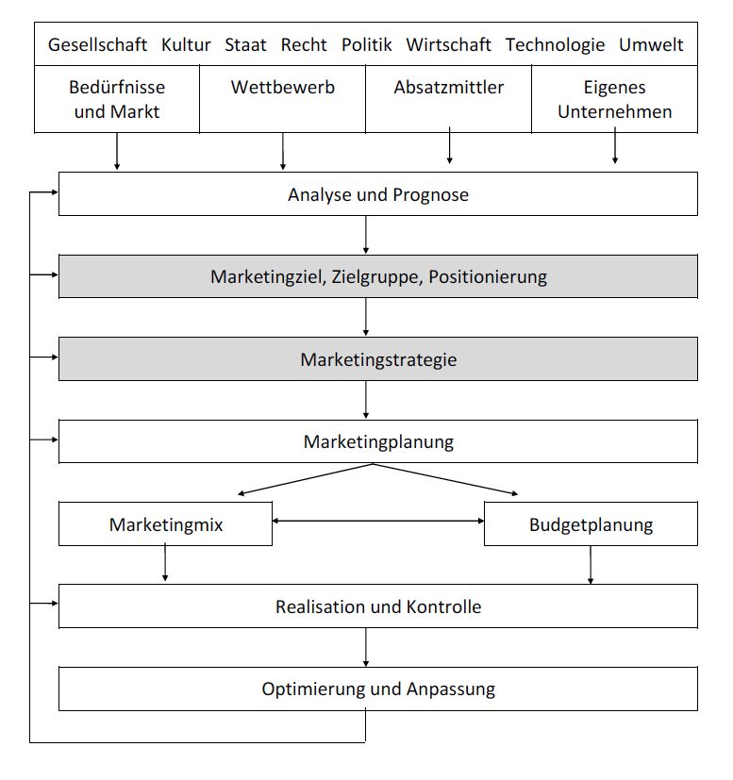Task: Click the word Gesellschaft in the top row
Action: [97, 44]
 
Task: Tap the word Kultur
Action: [186, 44]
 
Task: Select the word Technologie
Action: [555, 44]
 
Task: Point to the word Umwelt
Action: [651, 44]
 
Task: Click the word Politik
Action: [366, 44]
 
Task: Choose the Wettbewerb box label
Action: [283, 87]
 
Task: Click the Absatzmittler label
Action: [449, 87]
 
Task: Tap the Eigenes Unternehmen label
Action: [614, 99]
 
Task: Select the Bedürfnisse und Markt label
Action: [117, 99]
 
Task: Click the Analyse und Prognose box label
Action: [378, 194]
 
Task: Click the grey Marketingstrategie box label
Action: [378, 359]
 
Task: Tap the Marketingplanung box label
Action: [378, 441]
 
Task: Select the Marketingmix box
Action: [166, 523]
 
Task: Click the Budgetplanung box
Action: [591, 523]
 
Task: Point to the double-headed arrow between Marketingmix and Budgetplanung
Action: [378, 521]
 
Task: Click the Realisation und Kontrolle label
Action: [378, 606]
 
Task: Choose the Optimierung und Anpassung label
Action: [378, 689]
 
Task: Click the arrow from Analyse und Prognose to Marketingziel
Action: [366, 235]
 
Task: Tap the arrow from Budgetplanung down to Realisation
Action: [591, 565]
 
